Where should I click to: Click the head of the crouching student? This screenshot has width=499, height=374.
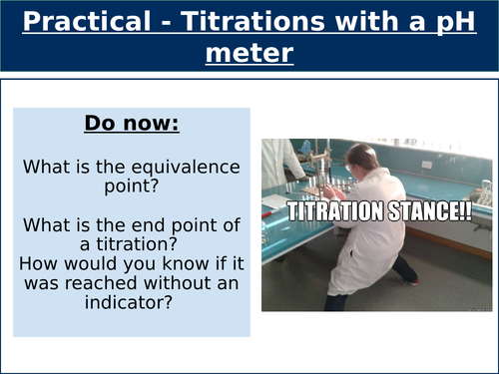click(366, 157)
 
